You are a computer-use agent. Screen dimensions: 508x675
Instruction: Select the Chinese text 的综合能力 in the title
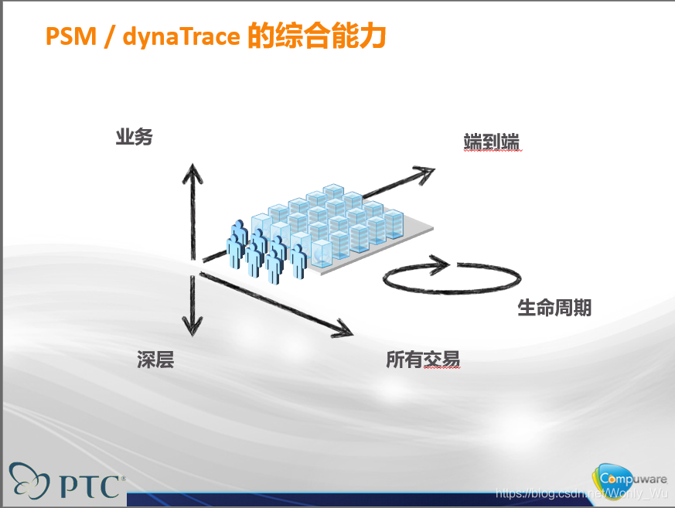(x=316, y=36)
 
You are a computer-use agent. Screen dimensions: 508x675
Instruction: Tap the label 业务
(x=135, y=138)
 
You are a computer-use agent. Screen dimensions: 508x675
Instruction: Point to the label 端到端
(x=491, y=141)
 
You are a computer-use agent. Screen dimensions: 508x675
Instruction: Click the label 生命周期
(x=554, y=308)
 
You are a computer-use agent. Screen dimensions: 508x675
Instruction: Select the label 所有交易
(x=423, y=360)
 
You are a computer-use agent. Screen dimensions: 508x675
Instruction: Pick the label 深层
(x=155, y=360)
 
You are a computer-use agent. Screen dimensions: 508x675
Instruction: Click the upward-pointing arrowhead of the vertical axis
(x=193, y=172)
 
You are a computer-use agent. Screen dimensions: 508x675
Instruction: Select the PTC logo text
(x=90, y=486)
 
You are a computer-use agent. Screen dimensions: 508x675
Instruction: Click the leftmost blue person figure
(x=235, y=247)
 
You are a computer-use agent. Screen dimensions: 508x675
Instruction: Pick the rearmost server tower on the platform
(x=333, y=192)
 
